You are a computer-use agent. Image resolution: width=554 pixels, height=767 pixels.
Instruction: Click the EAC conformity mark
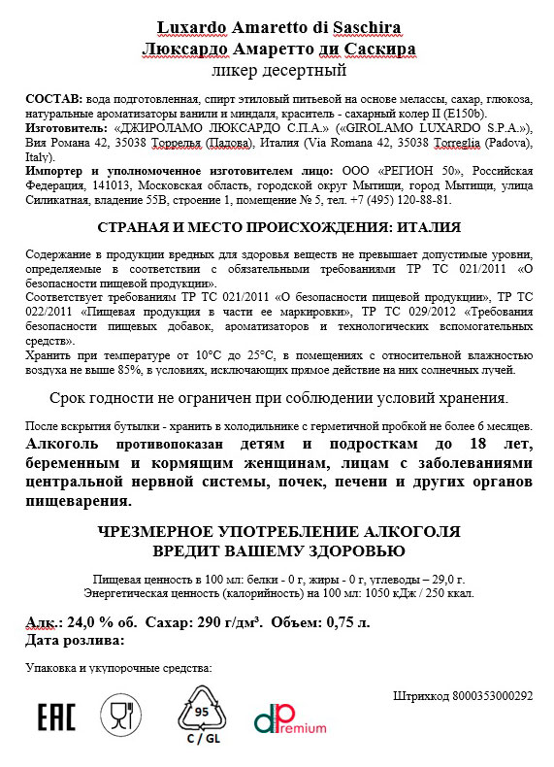56,718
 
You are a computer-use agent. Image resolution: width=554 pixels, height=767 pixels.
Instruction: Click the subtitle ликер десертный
277,70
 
